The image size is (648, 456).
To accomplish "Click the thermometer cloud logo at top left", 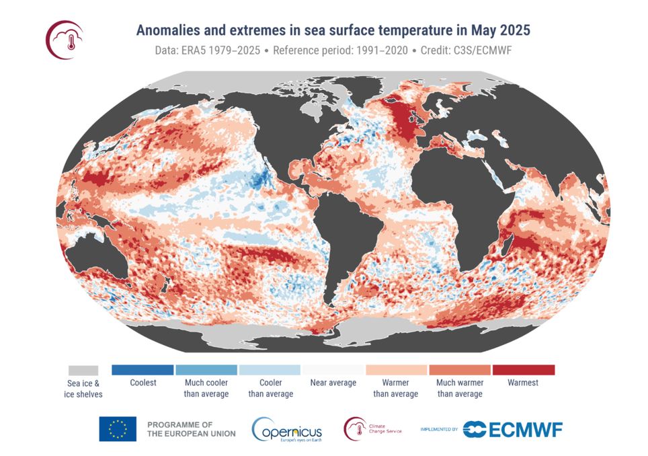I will [x=65, y=40].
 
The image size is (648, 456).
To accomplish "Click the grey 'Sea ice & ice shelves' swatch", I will [x=83, y=371].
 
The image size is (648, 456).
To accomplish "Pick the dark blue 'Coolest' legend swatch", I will [x=143, y=370].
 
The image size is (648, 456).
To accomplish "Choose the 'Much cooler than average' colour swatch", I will [x=206, y=370].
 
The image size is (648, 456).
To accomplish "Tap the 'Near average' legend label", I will [x=333, y=383].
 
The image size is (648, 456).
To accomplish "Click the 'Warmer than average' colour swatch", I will [x=396, y=370].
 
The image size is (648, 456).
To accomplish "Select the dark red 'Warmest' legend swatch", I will [x=523, y=370].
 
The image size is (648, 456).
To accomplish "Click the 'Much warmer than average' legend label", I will [x=460, y=388].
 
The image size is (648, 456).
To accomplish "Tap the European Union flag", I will [x=118, y=429].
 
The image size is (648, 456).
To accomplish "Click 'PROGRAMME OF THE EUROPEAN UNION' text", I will [x=191, y=429].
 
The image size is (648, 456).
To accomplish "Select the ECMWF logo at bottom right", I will [x=513, y=429].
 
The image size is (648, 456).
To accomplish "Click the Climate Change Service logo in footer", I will [x=372, y=429].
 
